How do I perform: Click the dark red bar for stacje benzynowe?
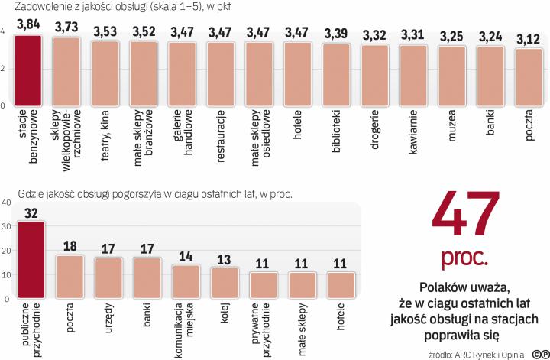(x=28, y=70)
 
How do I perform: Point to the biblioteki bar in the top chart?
(x=336, y=75)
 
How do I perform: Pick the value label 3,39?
(x=336, y=34)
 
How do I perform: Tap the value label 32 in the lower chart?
(x=31, y=212)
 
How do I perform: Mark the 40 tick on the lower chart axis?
(x=6, y=202)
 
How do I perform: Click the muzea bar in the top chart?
(x=452, y=76)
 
